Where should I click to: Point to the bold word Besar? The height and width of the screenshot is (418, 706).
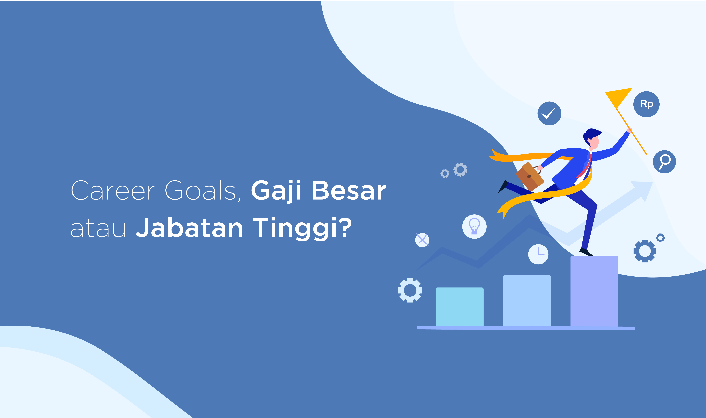point(349,190)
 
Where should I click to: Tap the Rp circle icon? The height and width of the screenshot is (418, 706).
point(646,104)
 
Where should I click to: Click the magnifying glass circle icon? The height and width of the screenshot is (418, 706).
point(664,162)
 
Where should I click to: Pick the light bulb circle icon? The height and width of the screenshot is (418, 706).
point(474,226)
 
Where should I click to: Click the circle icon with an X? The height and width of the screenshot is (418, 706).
point(422,240)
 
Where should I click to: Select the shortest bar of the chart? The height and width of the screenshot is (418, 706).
point(460,307)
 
